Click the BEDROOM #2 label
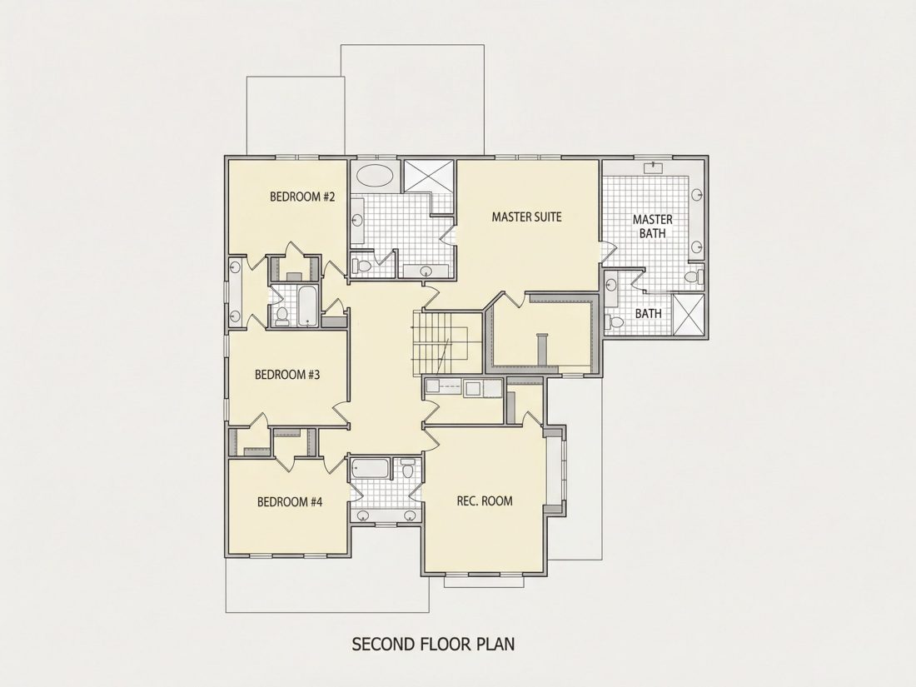coord(302,197)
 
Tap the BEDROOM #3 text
coord(287,375)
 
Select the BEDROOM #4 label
coord(290,502)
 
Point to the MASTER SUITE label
coord(526,217)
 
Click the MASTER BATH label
coord(653,226)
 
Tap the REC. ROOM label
coord(485,500)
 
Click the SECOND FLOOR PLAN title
coord(433,644)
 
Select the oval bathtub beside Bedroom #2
coord(375,175)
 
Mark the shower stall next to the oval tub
coord(429,175)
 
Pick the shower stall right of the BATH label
coord(688,315)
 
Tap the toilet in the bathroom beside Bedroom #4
coord(408,469)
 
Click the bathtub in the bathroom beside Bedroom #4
coord(371,469)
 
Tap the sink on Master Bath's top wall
coord(653,168)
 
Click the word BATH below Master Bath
coord(649,314)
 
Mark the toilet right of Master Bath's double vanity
coord(694,277)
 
